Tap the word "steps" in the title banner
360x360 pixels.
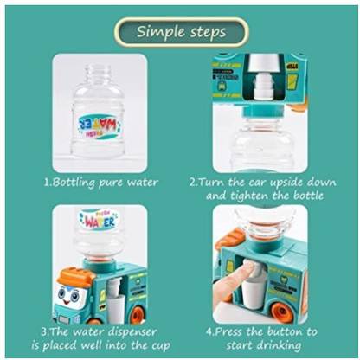[205, 32]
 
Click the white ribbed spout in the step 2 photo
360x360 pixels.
[262, 86]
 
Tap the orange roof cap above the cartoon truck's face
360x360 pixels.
[75, 277]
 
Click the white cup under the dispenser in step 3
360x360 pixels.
[114, 309]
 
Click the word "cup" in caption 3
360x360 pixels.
[160, 346]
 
